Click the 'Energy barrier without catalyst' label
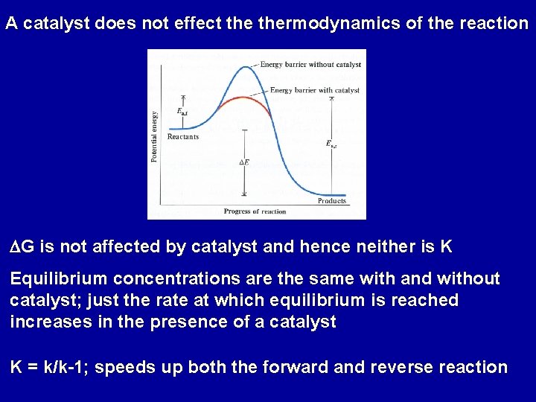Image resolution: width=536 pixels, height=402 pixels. tap(310, 65)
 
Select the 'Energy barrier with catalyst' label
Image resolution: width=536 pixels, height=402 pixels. tap(314, 90)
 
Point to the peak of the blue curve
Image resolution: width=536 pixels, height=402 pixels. tap(237, 66)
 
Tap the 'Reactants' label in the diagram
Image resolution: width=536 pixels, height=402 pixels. tap(183, 137)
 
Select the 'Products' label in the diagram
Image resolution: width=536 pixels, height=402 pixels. tap(332, 201)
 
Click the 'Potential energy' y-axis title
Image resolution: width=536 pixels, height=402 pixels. tap(154, 136)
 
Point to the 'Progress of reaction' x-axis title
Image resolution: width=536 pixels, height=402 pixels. tap(255, 211)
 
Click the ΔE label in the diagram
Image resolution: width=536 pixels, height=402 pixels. tap(243, 162)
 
